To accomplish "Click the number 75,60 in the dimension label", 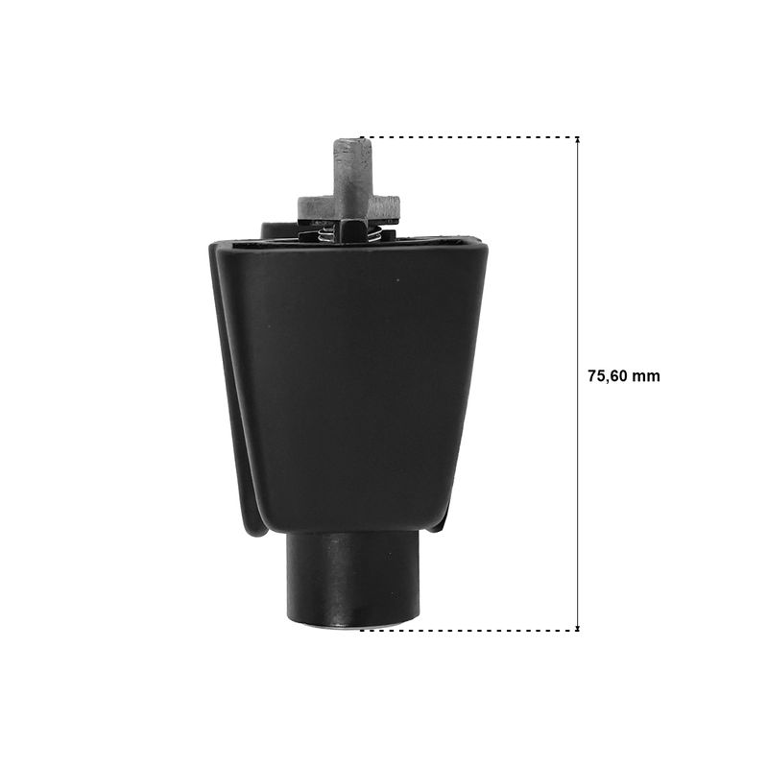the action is tap(608, 376).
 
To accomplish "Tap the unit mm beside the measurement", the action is tap(646, 376).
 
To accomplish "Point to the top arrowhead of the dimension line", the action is tap(578, 140).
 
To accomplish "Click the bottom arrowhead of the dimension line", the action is tap(578, 627).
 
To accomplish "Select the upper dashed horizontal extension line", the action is tap(469, 137).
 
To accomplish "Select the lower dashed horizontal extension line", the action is tap(469, 631).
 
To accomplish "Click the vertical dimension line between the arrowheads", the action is tap(578, 384).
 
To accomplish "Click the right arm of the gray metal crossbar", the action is tap(385, 205).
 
